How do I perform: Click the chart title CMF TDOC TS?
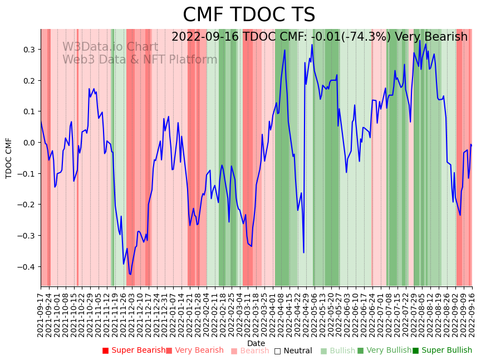249,15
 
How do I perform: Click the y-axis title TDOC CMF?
9,158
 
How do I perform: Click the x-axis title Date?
256,343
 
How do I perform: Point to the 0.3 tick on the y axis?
29,50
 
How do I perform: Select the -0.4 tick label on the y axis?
27,267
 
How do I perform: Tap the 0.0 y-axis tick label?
29,143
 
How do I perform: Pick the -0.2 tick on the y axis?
27,205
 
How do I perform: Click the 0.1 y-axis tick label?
29,111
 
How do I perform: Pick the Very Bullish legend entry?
384,351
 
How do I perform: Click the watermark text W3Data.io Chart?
110,47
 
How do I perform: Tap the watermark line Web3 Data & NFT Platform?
140,60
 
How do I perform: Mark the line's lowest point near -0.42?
130,274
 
